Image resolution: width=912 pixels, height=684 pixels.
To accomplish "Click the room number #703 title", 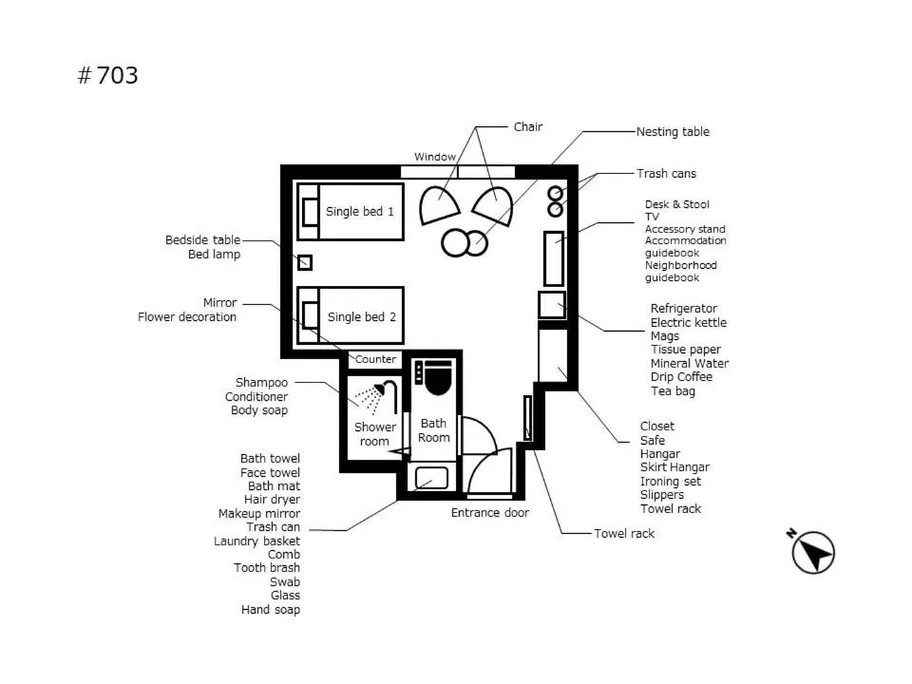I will pos(107,76).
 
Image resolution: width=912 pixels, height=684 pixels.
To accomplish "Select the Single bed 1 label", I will pos(359,211).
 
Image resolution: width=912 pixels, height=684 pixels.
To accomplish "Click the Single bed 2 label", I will pos(361,316).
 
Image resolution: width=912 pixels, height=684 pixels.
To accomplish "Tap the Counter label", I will pos(375,360).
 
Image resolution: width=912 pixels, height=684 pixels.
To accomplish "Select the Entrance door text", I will pos(489,513).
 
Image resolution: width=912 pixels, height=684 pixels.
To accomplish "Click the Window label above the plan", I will pos(434,157).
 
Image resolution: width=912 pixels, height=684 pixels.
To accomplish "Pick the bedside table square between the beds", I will pos(305,262).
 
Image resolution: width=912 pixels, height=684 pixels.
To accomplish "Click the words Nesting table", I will pos(673,132).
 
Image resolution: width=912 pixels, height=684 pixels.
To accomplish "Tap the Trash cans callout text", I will pos(666,174).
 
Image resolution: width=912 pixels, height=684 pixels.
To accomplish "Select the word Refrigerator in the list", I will pos(683,309).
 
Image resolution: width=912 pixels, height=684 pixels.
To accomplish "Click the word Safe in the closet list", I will pos(653,441).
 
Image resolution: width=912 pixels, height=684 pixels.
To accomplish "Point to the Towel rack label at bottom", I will pos(624,534).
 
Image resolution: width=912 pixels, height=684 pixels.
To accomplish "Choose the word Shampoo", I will pos(261,383).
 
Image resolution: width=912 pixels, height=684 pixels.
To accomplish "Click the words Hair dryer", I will pos(272,500).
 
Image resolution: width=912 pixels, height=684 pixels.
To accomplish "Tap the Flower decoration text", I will pos(187,317).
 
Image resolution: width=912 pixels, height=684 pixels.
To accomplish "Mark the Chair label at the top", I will pos(528,127).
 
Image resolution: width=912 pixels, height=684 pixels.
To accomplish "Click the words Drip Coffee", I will pos(681,377).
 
